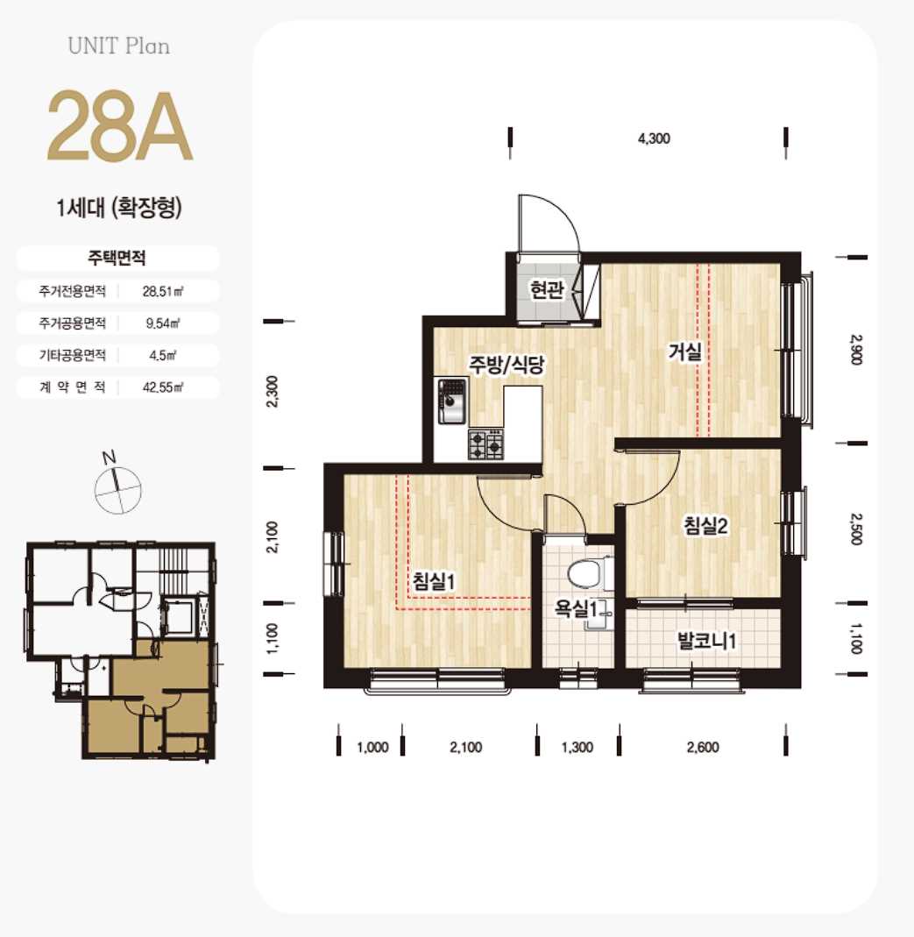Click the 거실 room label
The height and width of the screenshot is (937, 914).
[685, 351]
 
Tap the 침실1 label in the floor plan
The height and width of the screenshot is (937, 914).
[435, 581]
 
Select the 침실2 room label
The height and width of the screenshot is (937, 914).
[705, 526]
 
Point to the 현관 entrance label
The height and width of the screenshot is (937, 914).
[547, 290]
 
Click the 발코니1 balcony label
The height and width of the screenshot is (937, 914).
[706, 642]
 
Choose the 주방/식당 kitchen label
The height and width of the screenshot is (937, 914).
[506, 364]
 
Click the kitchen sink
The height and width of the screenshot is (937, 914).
[452, 401]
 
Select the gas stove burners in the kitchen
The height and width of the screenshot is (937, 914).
[485, 444]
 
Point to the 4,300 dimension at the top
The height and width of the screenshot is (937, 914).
[654, 138]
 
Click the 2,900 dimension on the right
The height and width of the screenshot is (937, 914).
[855, 350]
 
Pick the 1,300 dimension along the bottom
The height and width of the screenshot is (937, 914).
[577, 747]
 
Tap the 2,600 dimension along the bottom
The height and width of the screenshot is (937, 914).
[703, 747]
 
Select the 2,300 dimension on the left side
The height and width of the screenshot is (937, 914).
[272, 392]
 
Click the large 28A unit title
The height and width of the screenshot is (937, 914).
[119, 126]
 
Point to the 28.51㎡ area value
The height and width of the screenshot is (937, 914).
[162, 292]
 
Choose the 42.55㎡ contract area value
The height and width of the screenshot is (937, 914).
[162, 387]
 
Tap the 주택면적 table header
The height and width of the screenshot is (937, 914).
[117, 259]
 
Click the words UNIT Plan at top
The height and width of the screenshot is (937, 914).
[119, 46]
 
